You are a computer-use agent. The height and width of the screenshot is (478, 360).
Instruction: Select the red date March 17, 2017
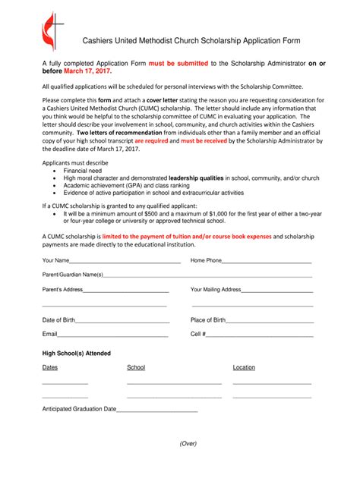(x=87, y=71)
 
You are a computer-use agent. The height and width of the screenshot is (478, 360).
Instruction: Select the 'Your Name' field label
(x=56, y=260)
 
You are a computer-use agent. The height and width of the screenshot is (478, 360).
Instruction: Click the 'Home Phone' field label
(x=206, y=260)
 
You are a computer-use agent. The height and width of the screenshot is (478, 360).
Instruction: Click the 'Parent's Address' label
(x=62, y=290)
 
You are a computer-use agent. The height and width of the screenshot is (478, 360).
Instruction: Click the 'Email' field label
(x=50, y=334)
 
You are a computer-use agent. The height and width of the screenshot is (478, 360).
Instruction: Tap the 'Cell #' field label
(x=197, y=334)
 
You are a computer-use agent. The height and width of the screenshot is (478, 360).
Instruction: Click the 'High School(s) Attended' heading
(x=76, y=353)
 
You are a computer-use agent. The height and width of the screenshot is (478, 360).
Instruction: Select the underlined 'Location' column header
(x=244, y=367)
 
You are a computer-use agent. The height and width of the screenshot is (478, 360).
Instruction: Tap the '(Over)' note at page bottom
(x=188, y=443)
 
